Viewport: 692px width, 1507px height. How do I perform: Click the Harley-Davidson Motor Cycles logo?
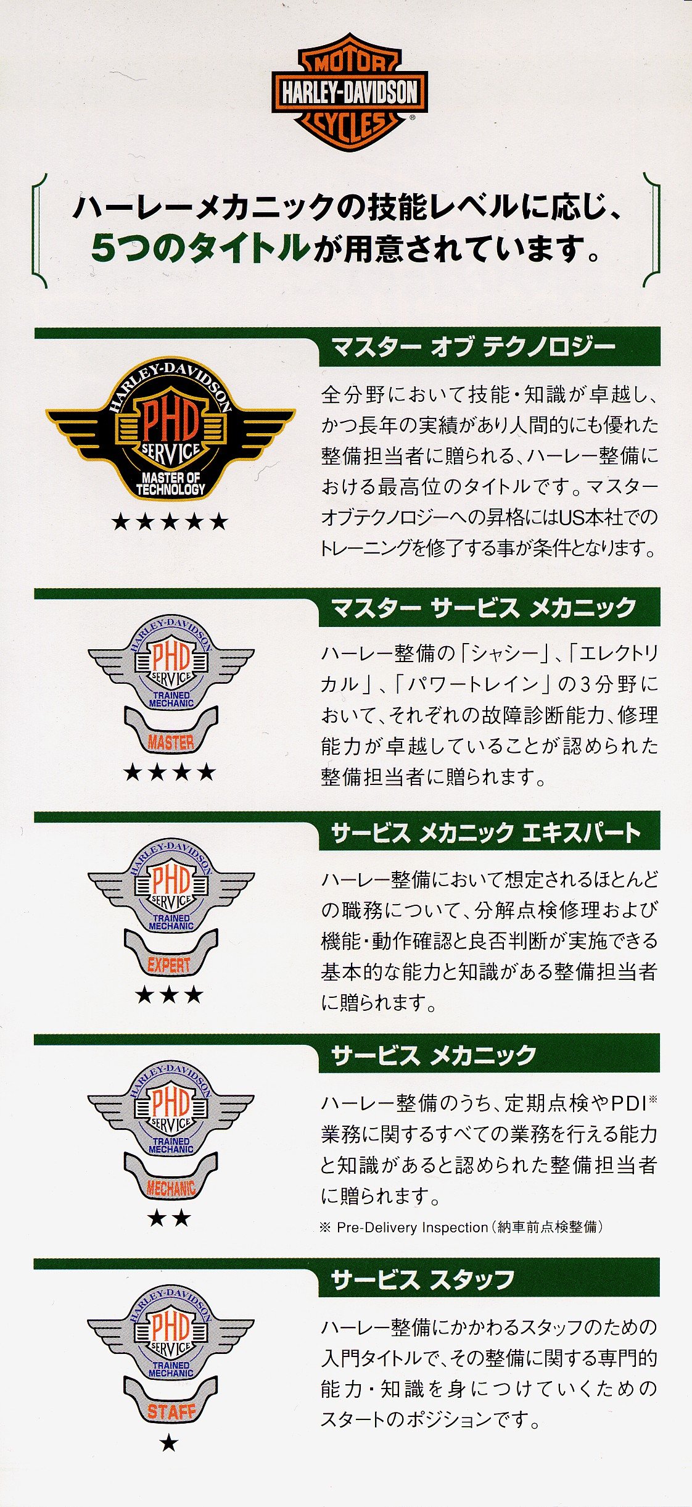350,93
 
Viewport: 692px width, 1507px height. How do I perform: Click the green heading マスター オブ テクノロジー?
473,347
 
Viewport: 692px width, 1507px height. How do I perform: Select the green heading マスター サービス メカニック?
484,608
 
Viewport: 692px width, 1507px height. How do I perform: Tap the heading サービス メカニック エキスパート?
485,832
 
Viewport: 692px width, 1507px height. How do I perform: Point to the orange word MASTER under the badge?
171,742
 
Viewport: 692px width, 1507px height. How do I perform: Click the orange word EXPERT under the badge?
170,965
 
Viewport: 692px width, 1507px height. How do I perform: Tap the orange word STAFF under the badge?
171,1411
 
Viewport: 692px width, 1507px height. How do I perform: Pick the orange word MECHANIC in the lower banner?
171,1188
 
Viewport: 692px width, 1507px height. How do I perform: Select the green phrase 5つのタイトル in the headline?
200,248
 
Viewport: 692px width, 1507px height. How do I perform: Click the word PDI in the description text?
628,1103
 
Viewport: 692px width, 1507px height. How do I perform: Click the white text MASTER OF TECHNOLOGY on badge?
170,483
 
